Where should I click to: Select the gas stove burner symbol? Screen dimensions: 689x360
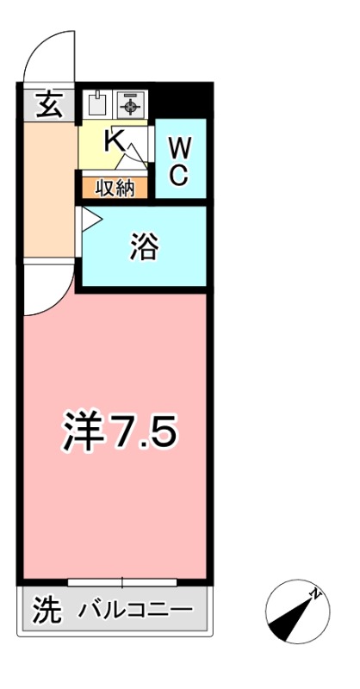click(131, 105)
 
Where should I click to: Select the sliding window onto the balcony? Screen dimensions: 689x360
click(122, 582)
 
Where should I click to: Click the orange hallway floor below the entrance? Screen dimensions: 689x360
click(47, 189)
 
